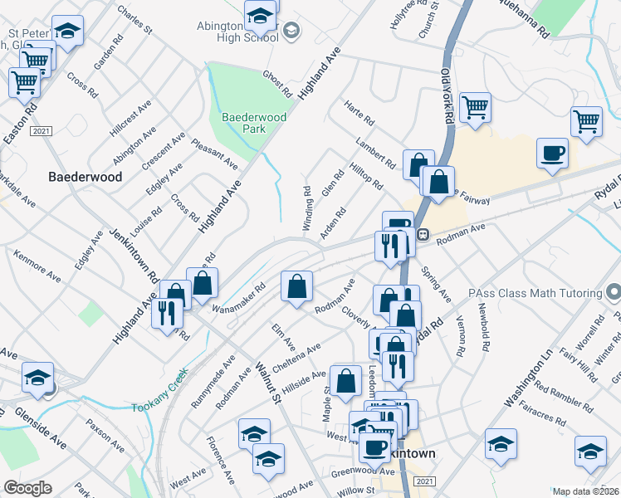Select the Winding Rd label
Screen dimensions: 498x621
pos(307,208)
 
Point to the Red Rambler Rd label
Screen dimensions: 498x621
pos(564,378)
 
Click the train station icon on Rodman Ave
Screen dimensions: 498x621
pos(422,235)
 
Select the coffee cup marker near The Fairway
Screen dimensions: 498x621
pos(552,153)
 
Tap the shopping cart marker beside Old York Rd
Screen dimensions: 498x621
pos(475,106)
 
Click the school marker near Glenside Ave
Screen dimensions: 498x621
pos(37,378)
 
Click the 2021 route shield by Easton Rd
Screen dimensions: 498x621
pos(41,132)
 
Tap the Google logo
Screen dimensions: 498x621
pos(27,488)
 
